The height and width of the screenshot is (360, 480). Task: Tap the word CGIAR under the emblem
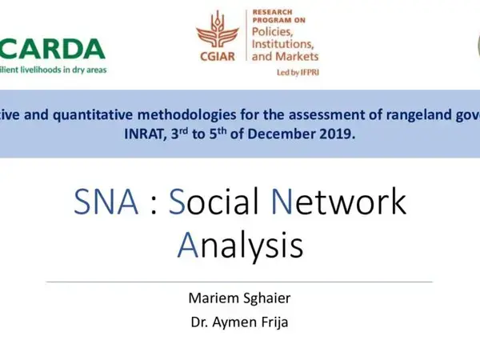point(218,58)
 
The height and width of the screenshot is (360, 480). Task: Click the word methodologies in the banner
point(190,113)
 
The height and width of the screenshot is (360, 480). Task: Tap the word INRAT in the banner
point(150,134)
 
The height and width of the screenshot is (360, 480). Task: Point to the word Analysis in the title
point(240,246)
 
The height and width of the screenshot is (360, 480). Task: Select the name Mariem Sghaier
point(240,300)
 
